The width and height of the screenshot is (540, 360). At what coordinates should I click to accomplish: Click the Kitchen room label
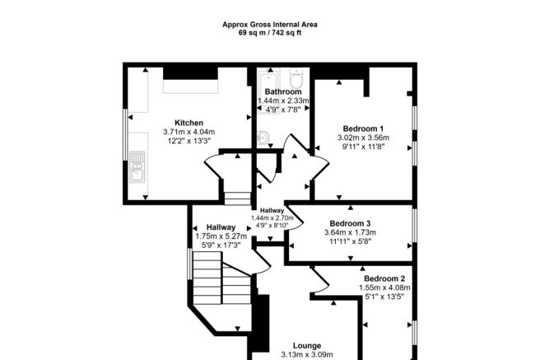[x=189, y=122]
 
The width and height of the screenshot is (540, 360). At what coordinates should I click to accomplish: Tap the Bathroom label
[x=282, y=91]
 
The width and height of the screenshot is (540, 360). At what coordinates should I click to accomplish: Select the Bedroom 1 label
[x=362, y=128]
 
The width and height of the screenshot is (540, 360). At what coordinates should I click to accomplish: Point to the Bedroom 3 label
[x=350, y=223]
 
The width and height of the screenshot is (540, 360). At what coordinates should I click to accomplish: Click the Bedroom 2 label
[x=384, y=278]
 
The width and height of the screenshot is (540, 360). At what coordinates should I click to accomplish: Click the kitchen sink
[x=137, y=171]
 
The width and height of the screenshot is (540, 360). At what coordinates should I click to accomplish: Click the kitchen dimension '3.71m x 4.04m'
[x=189, y=132]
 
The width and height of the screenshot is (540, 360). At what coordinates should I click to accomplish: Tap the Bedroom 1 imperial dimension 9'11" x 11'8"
[x=362, y=147]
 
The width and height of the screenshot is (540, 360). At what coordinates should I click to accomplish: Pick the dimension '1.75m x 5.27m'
[x=221, y=236]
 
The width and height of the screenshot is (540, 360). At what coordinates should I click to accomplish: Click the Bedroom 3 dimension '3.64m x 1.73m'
[x=350, y=233]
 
